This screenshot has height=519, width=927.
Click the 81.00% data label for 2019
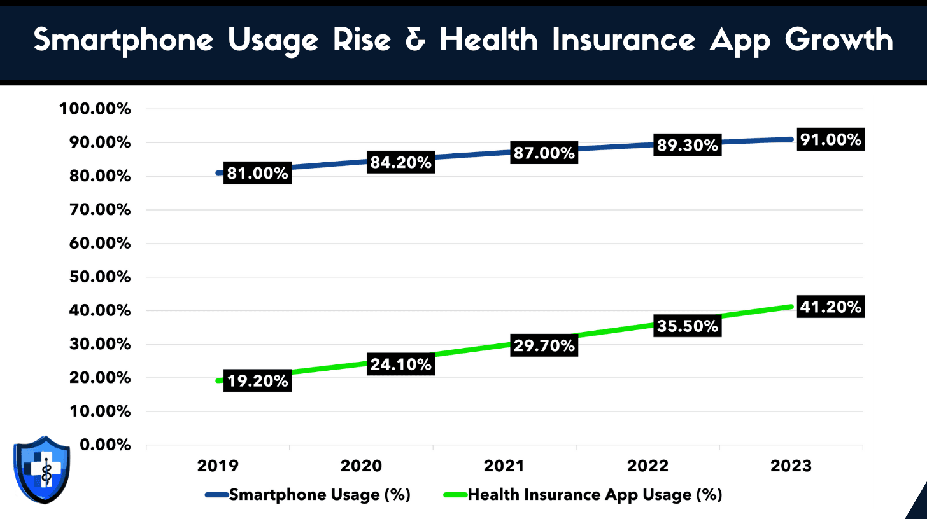(x=258, y=173)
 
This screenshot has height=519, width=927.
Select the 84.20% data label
(x=401, y=163)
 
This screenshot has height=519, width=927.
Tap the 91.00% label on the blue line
(x=831, y=140)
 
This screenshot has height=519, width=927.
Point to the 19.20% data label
(x=258, y=381)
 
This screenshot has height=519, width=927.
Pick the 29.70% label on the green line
(x=544, y=345)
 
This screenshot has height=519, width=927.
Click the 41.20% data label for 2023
(x=831, y=307)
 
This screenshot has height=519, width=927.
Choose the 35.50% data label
(x=688, y=326)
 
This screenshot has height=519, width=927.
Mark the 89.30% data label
(x=688, y=146)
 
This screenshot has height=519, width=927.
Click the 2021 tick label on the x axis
(x=504, y=466)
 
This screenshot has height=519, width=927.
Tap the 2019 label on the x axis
(x=218, y=466)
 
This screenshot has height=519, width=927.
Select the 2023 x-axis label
(x=791, y=466)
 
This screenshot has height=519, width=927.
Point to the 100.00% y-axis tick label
(x=96, y=109)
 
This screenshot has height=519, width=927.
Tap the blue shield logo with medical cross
(x=41, y=470)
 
